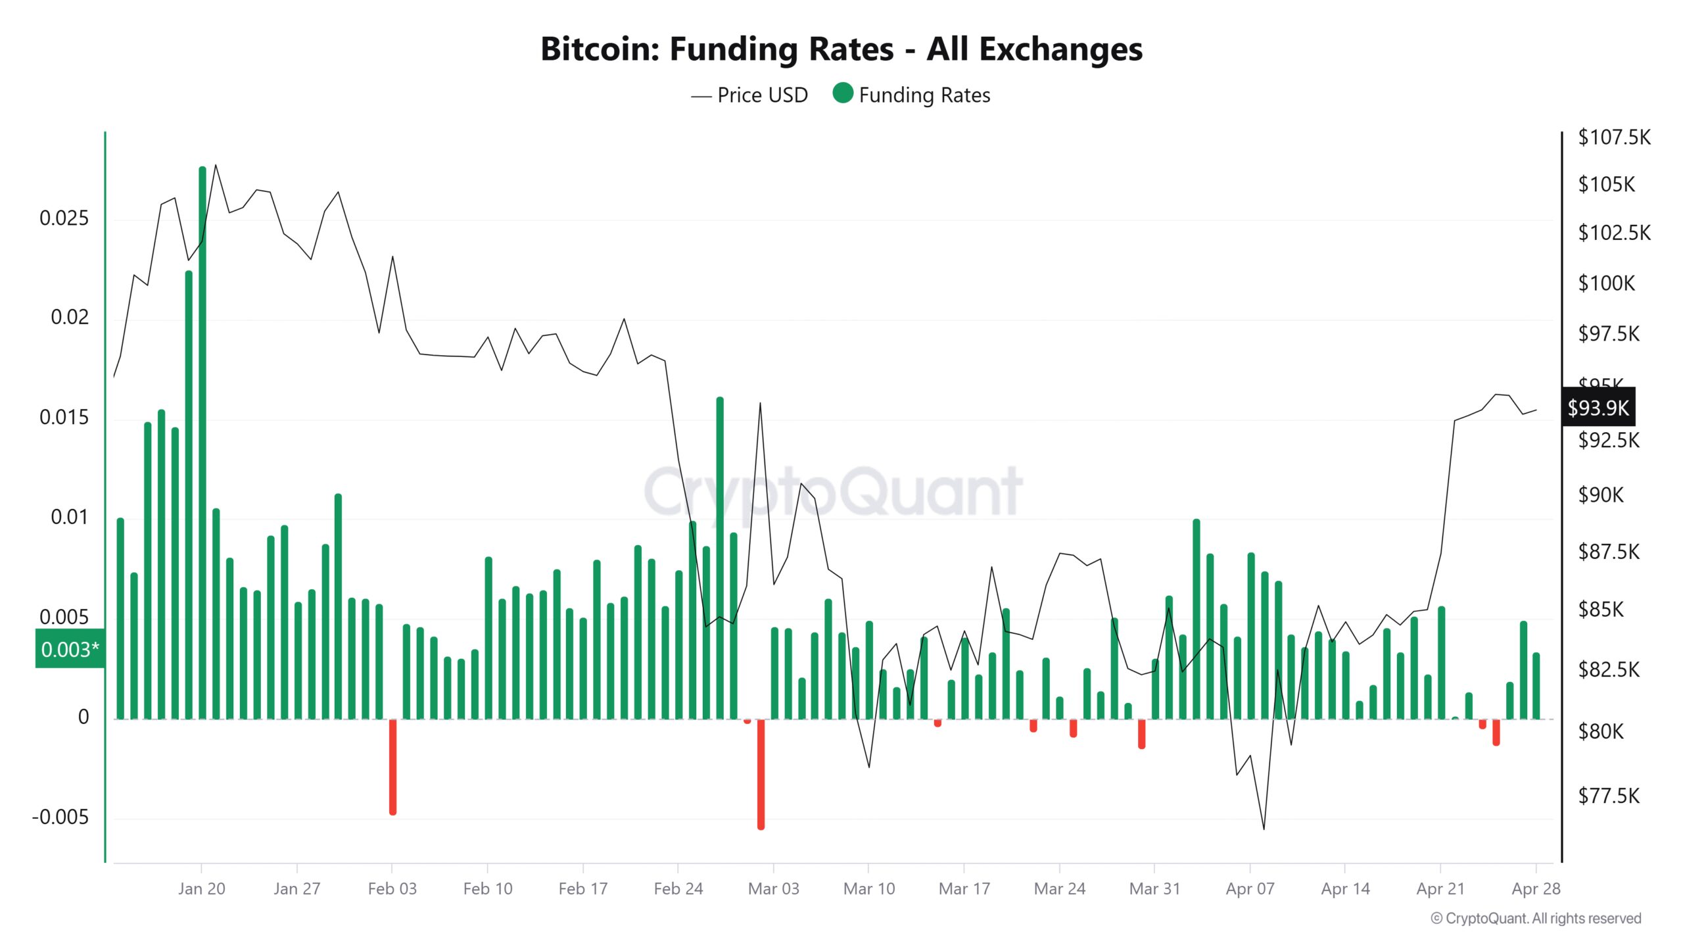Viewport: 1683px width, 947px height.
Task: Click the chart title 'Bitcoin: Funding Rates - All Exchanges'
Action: click(x=841, y=49)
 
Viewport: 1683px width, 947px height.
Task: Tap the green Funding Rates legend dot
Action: click(x=842, y=93)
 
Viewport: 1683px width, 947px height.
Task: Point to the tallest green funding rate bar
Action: click(x=202, y=441)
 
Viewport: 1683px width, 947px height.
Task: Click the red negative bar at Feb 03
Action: click(x=392, y=766)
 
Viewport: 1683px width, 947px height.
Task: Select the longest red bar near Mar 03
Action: click(x=761, y=773)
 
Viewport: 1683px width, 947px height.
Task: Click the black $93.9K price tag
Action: click(x=1598, y=408)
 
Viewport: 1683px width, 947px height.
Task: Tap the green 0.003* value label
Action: click(x=70, y=650)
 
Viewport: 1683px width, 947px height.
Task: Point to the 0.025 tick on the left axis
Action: click(x=64, y=218)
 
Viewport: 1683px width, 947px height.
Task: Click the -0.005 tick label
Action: click(x=60, y=817)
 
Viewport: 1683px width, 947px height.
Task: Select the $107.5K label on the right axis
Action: click(x=1614, y=137)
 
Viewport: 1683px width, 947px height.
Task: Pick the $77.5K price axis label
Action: click(x=1609, y=796)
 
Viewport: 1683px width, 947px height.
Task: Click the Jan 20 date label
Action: click(x=201, y=889)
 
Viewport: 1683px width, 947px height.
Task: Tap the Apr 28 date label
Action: click(x=1536, y=889)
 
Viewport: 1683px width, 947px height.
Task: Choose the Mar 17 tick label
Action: click(x=964, y=889)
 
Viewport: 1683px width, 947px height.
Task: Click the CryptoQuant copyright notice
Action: click(x=1536, y=919)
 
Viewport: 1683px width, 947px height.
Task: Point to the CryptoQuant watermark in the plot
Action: click(x=833, y=492)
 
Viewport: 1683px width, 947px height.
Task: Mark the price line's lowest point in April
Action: click(x=1264, y=829)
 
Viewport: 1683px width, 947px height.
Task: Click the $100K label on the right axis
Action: click(x=1606, y=283)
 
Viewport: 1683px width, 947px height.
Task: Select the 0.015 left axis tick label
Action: click(x=64, y=418)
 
